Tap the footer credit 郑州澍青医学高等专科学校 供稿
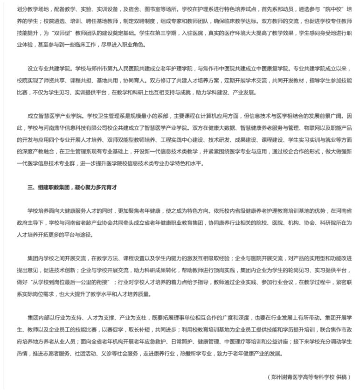[x=309, y=376]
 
